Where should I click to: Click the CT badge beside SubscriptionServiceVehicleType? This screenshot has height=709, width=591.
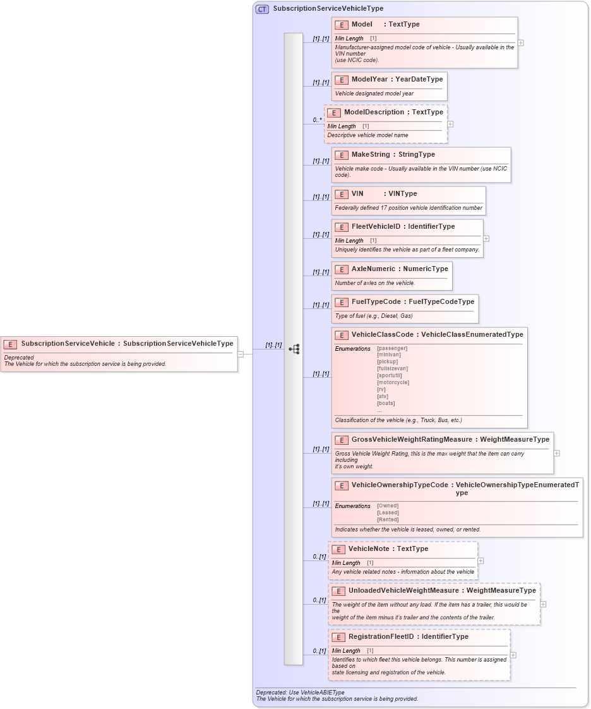coord(262,9)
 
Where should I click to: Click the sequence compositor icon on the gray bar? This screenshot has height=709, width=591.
coord(294,349)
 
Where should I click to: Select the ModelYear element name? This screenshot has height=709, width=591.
coord(369,80)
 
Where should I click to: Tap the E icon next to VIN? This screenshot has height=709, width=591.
coord(342,194)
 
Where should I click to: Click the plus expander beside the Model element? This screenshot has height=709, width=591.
coord(520,43)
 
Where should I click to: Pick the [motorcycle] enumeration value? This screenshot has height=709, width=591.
coord(393,382)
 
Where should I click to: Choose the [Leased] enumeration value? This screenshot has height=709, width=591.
coord(388,512)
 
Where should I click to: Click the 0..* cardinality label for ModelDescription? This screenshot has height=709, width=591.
coord(317,119)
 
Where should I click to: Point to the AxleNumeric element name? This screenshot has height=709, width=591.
coord(373,269)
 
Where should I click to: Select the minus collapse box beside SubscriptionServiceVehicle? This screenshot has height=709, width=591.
coord(241,354)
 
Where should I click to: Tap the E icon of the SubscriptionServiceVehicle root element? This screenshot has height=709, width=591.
coord(10,344)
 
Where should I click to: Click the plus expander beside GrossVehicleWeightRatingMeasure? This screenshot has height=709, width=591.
coord(556,453)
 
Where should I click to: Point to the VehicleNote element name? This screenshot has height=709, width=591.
coord(369,549)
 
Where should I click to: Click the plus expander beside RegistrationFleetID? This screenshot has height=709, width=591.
coord(513,655)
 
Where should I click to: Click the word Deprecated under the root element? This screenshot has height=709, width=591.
coord(19,358)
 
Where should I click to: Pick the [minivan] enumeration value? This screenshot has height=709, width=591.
coord(389,355)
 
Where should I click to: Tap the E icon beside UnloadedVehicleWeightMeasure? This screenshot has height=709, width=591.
coord(338,591)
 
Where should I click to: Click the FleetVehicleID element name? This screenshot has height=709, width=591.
coord(376,227)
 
